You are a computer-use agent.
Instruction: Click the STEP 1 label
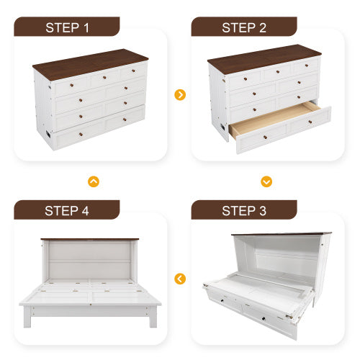click(67, 27)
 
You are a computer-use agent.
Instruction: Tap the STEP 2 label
click(244, 27)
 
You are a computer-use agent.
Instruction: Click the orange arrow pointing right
click(180, 95)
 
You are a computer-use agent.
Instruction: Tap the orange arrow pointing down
click(266, 181)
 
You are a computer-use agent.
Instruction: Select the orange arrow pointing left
click(180, 278)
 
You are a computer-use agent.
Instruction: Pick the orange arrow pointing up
click(93, 181)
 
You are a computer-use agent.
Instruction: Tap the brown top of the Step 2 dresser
click(265, 57)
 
